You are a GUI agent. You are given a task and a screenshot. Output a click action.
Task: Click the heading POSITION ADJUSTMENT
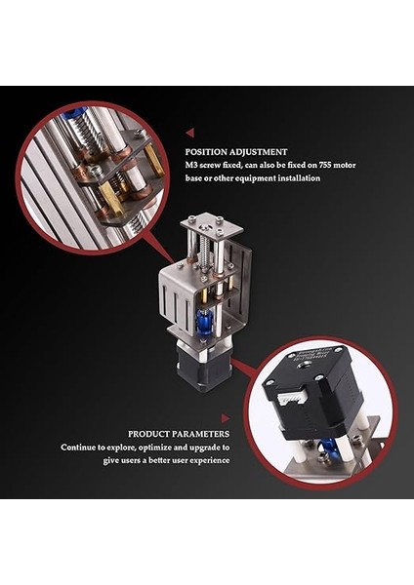coord(236,152)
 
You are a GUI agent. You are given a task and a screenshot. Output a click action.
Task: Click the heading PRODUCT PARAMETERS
coord(179,434)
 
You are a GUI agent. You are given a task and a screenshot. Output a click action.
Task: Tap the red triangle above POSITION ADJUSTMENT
coord(189,132)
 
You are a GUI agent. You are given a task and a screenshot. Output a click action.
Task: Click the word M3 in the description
coord(192,165)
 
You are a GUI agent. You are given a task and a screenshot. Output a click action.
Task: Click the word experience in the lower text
coord(210,460)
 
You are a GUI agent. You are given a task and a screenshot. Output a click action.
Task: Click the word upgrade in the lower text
coord(209,448)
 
